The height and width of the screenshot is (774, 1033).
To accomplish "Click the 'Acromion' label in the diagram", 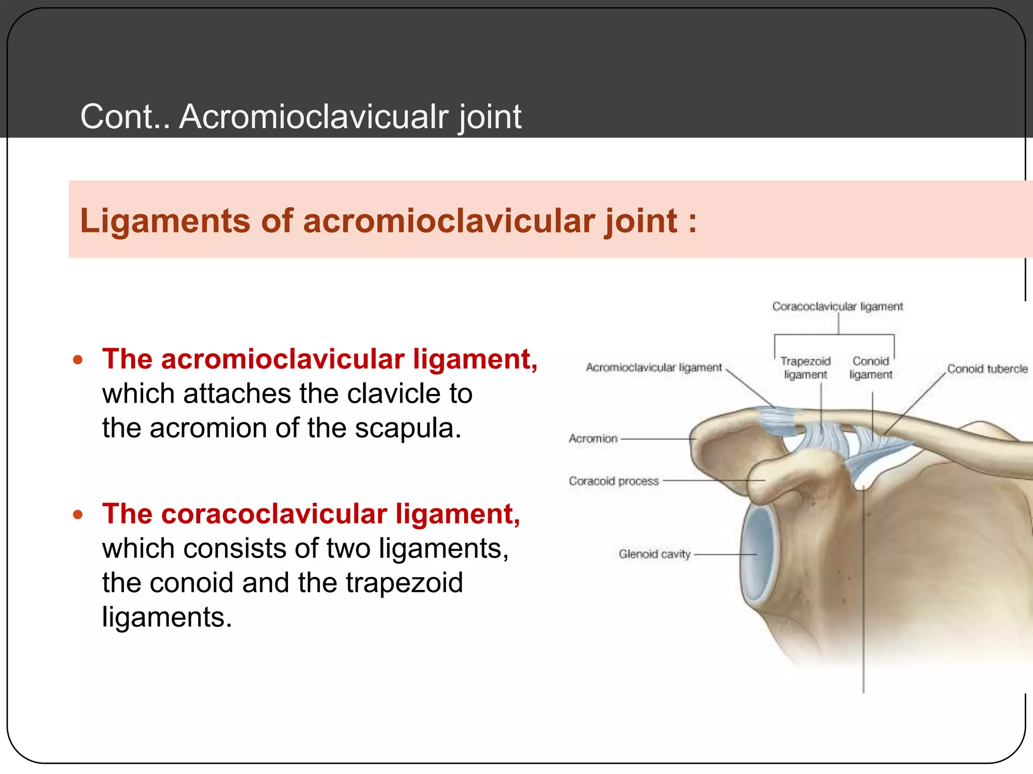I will coord(593,438).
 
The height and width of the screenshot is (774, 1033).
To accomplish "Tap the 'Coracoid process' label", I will coord(613,481).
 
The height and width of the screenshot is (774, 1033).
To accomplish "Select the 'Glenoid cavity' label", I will coord(654,554).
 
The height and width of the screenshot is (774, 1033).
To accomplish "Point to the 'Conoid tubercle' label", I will coord(987,369).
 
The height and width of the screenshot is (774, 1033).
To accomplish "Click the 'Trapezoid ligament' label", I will coord(805,368).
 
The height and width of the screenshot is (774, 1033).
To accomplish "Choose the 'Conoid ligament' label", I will coord(871,368).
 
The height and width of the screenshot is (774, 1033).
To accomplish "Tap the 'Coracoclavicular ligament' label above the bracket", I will coord(837,306).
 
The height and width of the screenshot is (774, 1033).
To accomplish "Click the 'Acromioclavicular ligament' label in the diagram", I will coord(654,367).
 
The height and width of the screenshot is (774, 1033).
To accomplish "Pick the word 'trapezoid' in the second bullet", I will coord(404,583).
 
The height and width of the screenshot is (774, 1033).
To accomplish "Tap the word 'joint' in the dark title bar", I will coord(489,117).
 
